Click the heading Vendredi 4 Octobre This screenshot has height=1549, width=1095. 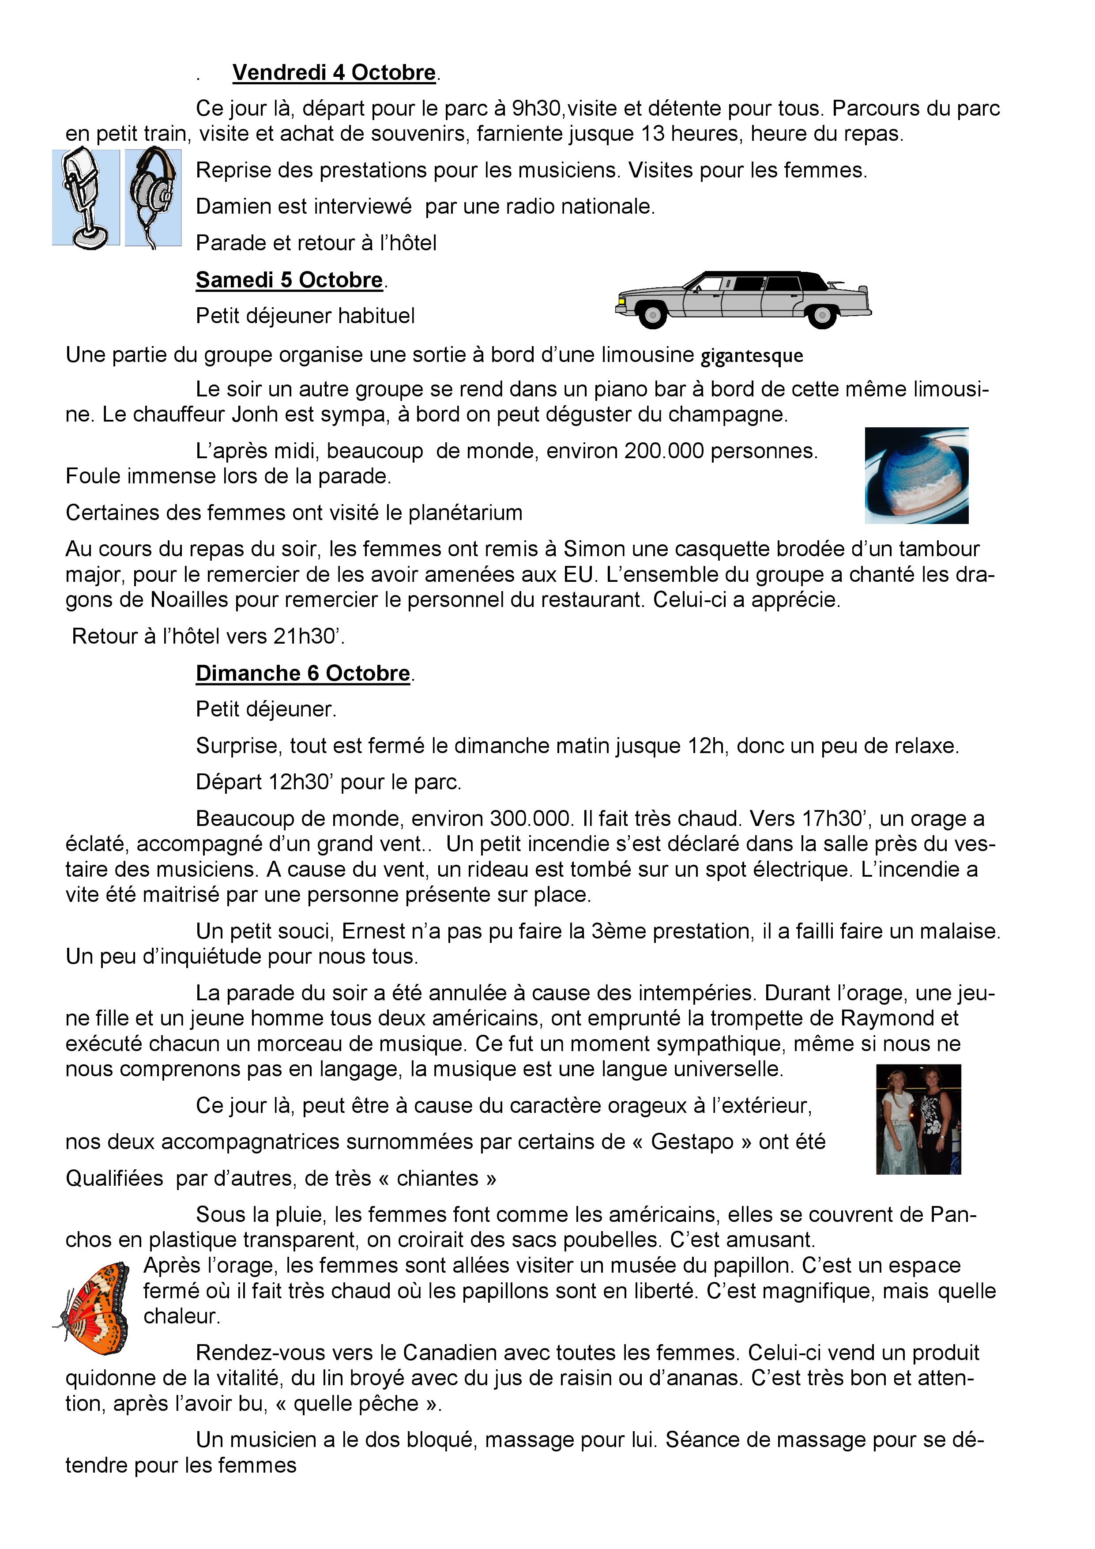(334, 72)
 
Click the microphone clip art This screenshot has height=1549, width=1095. (86, 198)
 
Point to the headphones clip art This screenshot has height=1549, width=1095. (153, 198)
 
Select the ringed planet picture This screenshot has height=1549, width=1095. (916, 475)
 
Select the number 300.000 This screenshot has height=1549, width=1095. (530, 818)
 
